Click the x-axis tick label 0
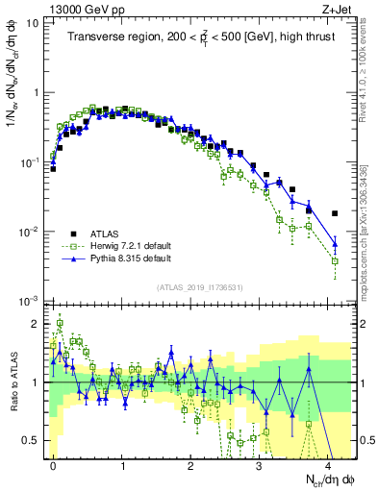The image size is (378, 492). [54, 463]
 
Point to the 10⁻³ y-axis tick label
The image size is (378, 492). [33, 302]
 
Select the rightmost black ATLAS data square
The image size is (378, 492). [335, 213]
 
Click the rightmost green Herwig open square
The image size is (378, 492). [335, 260]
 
